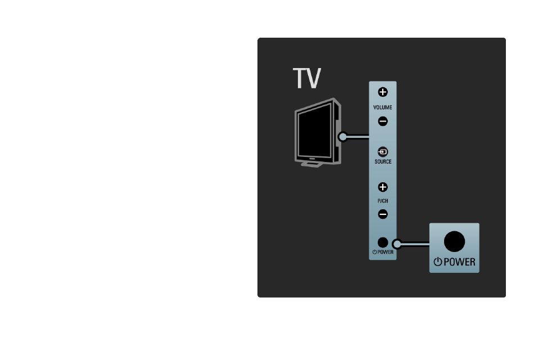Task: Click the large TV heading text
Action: pos(306,78)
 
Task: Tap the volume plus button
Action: pos(383,92)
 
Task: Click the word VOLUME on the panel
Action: pos(382,107)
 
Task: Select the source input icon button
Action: pos(383,152)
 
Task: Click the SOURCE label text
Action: pos(383,161)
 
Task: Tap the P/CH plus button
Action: pos(383,187)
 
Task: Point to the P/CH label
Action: pos(383,201)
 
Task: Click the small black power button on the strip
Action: pos(383,242)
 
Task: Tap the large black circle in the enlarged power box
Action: pos(454,242)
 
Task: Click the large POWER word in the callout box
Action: pos(459,262)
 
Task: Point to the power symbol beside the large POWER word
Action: pos(438,262)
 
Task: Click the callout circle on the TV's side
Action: pos(343,137)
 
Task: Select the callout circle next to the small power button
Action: pos(397,244)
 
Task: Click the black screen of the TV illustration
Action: pos(314,132)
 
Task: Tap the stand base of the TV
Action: pos(311,164)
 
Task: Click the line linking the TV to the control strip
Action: pos(358,137)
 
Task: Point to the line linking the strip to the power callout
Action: pos(415,244)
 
